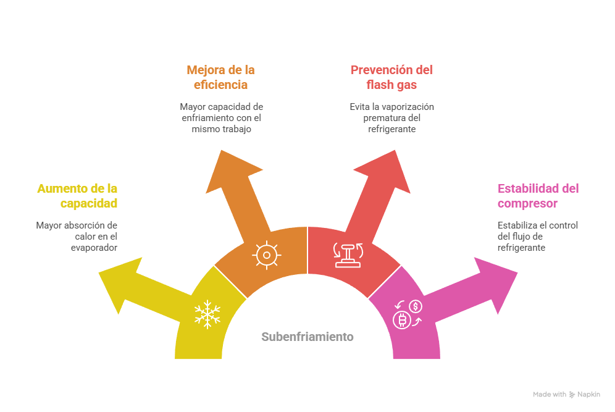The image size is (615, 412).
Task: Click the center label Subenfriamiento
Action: [x=307, y=337]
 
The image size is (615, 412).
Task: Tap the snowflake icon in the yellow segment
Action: [x=207, y=314]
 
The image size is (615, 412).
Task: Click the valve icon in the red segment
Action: [x=348, y=254]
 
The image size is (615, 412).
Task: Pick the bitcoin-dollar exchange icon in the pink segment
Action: [x=407, y=314]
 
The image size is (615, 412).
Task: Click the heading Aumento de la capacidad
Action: [x=77, y=196]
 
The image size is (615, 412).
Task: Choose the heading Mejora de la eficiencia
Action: [x=220, y=77]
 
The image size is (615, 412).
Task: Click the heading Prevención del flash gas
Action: [x=391, y=77]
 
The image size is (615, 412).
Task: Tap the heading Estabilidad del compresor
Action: [x=538, y=196]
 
